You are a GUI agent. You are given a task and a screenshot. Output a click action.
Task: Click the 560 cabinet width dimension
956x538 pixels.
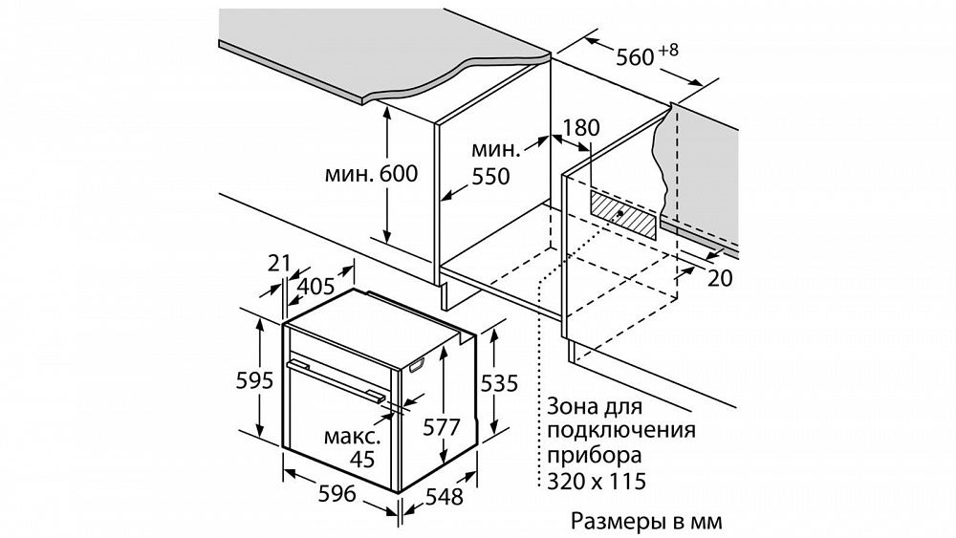point(635,57)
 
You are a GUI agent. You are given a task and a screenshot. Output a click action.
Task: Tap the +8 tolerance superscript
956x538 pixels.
point(667,50)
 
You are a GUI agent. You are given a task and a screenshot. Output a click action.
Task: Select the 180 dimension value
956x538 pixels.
point(580,128)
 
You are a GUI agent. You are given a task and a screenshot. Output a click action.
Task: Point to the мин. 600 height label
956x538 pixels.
point(371,174)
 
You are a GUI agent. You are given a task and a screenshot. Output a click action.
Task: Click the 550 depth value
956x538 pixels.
point(490,177)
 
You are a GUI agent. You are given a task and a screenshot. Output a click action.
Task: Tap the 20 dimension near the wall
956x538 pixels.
point(720,278)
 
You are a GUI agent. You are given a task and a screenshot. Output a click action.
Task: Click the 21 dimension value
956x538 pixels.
point(279,263)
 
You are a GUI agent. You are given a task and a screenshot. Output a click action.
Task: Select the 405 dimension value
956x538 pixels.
point(316,287)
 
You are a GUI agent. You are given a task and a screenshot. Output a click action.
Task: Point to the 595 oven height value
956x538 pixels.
point(255,380)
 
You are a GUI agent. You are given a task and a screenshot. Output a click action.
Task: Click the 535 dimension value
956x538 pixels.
point(499,383)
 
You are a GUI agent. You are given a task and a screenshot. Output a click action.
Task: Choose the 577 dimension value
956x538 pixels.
point(441,428)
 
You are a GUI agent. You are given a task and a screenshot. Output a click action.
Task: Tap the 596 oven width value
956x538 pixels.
point(337,493)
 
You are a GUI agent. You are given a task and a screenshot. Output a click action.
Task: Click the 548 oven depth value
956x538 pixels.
point(444,497)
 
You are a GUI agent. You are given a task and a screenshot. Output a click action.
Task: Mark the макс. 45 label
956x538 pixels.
point(354,447)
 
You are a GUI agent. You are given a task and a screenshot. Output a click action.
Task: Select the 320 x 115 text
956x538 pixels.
point(596,482)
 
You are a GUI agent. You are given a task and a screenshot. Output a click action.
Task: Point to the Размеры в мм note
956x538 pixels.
point(646,522)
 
